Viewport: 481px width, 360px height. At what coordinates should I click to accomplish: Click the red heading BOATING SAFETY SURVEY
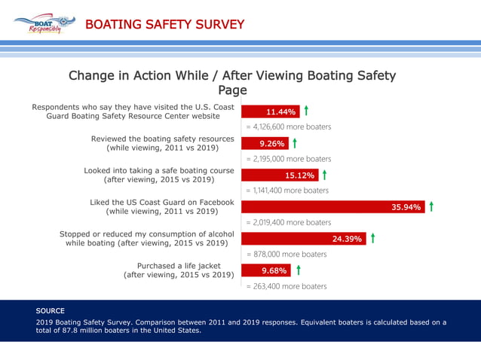(x=164, y=25)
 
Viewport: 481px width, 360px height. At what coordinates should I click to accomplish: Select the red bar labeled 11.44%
(x=271, y=112)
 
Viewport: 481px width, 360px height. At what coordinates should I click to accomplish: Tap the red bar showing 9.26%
(x=265, y=143)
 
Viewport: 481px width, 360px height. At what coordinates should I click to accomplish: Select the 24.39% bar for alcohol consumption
(x=304, y=239)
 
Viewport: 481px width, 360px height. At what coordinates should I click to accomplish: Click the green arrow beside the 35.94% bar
(x=430, y=206)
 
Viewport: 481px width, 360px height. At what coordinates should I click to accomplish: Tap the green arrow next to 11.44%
(x=306, y=111)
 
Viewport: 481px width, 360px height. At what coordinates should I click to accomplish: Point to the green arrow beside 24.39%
(x=372, y=238)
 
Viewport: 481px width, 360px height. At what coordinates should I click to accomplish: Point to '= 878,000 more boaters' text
(x=286, y=255)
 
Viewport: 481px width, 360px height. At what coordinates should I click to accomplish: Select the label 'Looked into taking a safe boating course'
(x=158, y=170)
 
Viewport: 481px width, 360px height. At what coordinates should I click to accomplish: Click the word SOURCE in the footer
(x=51, y=310)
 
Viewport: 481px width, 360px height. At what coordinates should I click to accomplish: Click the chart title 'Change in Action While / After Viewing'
(x=231, y=75)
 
